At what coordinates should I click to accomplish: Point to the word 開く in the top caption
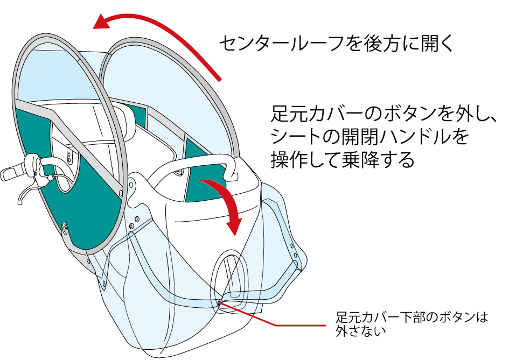coord(439,44)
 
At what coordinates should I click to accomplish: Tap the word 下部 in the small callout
coord(413,317)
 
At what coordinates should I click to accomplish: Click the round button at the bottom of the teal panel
coord(65,229)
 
